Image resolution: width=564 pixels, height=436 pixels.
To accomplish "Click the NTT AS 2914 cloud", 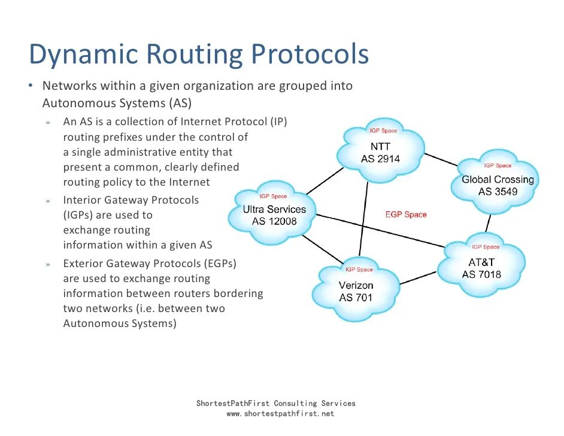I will [x=380, y=152].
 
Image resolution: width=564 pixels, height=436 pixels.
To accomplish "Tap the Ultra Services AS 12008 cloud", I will [x=274, y=215].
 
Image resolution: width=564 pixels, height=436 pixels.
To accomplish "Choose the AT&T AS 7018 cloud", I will [x=481, y=268].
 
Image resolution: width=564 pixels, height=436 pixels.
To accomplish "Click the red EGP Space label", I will [x=406, y=214].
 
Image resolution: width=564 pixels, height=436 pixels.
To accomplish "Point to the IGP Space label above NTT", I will [x=382, y=131].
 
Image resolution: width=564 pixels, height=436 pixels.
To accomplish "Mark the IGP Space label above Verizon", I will [x=359, y=270].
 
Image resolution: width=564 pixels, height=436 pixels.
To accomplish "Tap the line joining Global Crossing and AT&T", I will [x=489, y=223].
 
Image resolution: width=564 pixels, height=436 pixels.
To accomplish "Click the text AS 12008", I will [x=274, y=221].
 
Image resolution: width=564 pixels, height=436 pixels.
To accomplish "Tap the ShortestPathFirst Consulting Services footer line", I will [x=275, y=404].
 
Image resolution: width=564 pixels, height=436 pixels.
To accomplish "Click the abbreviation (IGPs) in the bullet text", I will [x=80, y=215].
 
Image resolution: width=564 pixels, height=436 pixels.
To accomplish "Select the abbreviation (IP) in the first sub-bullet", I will [x=278, y=122].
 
